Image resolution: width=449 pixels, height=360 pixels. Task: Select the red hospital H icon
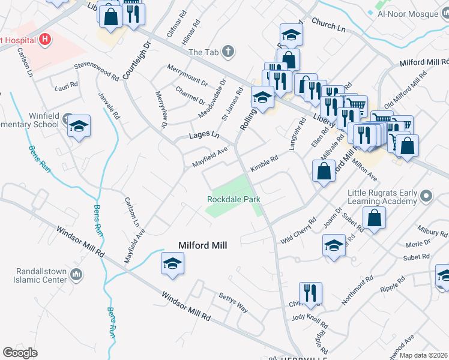[44, 40]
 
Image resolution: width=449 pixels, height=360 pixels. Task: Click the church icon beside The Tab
[228, 52]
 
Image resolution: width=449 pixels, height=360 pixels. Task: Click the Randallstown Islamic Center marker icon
[76, 275]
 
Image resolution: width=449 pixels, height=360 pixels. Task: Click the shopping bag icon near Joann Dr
[374, 219]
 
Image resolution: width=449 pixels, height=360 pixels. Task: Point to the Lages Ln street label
[204, 136]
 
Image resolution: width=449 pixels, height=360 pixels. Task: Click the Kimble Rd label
[264, 163]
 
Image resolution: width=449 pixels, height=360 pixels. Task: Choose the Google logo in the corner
[20, 353]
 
